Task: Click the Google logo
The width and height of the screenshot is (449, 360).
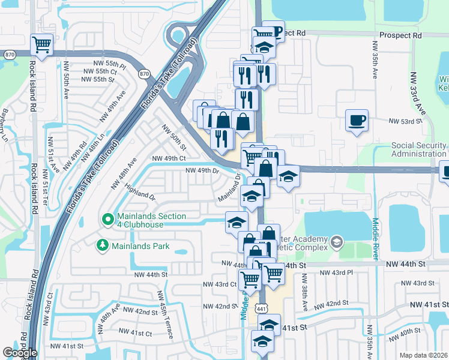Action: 20,353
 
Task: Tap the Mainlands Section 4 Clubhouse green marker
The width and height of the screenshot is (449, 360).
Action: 108,220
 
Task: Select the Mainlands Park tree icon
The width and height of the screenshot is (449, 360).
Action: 103,245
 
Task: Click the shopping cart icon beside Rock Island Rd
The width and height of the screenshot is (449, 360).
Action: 42,44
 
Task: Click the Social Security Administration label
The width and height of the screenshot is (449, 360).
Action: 418,150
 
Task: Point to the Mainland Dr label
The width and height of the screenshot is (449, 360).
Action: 229,189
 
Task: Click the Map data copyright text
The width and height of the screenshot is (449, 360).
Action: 424,355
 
